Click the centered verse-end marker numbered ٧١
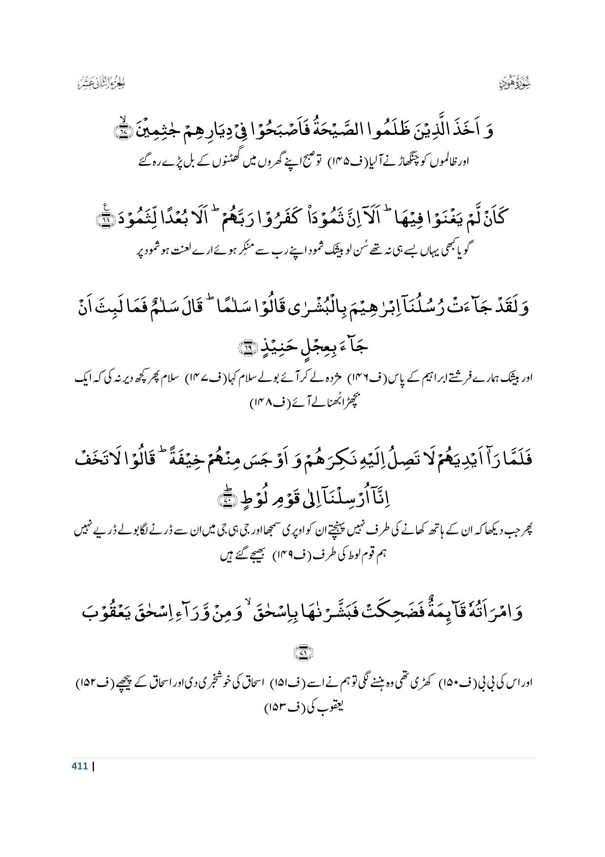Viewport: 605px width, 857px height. click(302, 651)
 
